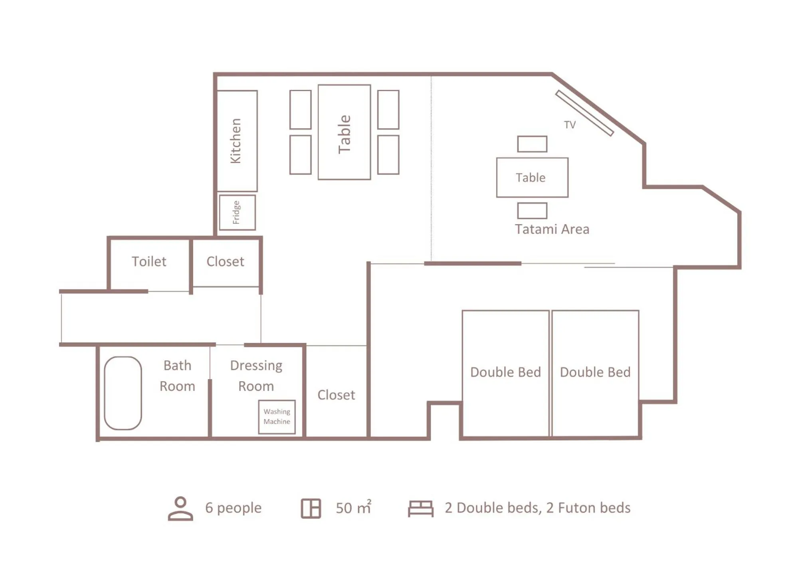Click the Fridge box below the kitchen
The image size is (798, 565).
[x=237, y=212]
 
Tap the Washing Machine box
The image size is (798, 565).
[x=277, y=416]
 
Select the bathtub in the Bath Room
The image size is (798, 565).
[x=123, y=393]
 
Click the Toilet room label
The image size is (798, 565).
[x=149, y=261]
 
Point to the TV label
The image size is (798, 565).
[x=570, y=125]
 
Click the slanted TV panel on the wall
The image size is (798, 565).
[x=584, y=113]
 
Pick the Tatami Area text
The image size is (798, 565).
[x=552, y=229]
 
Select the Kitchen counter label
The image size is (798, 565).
[x=236, y=141]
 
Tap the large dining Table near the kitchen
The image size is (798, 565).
[x=344, y=132]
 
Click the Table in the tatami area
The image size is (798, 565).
[x=532, y=177]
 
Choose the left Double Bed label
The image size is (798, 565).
[x=505, y=372]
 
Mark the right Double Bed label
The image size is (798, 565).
[x=595, y=372]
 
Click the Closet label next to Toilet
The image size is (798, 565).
[x=225, y=261]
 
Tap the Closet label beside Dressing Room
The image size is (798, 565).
[x=336, y=395]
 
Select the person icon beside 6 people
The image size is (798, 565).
[x=180, y=508]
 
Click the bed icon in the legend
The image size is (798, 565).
[x=420, y=508]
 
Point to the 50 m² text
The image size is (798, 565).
[x=353, y=507]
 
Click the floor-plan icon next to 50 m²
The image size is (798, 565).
[x=311, y=508]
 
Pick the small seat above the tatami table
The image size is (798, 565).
[x=532, y=144]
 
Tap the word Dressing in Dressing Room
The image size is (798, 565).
[x=256, y=365]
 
